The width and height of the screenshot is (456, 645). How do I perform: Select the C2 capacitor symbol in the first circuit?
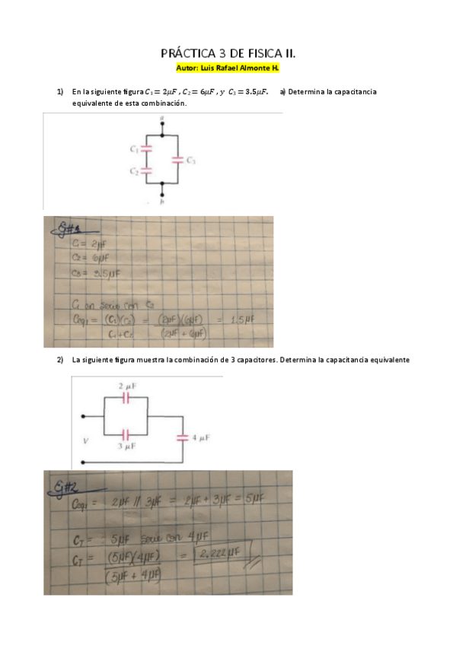147,171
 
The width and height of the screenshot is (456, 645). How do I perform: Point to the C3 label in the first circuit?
191,160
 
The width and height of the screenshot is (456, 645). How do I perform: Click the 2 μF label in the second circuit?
126,386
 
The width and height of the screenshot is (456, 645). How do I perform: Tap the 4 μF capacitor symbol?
182,437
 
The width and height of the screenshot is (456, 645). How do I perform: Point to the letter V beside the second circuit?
85,440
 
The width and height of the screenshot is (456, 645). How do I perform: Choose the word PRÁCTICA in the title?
187,54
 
